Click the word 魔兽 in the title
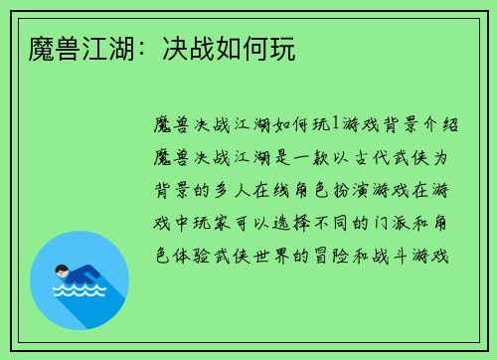point(46,48)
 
